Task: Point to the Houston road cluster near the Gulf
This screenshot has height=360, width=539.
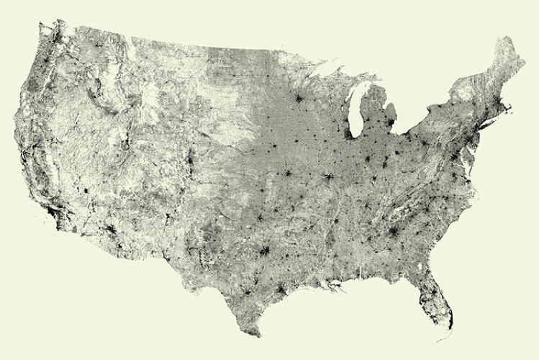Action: pyautogui.click(x=280, y=290)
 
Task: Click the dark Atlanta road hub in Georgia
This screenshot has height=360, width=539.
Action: pyautogui.click(x=394, y=232)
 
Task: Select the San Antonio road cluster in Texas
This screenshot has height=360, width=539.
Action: pyautogui.click(x=245, y=292)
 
